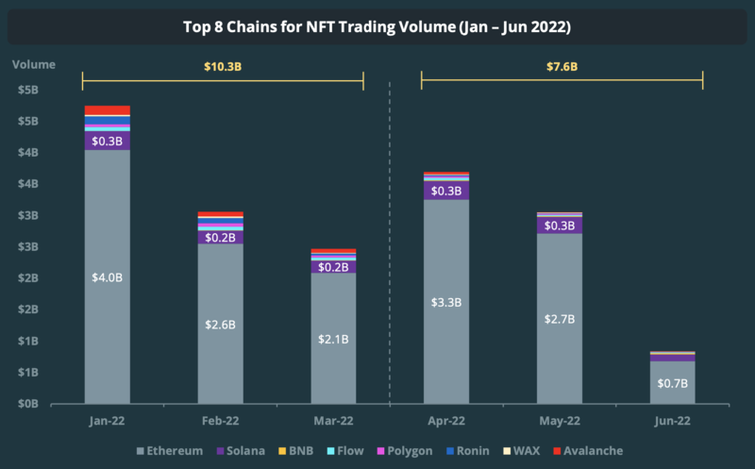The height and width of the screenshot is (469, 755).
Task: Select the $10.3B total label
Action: (x=222, y=66)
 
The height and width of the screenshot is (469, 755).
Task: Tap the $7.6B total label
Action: (x=562, y=66)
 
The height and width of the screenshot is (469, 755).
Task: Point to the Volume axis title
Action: (x=34, y=65)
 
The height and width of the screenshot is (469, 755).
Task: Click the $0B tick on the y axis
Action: (x=27, y=403)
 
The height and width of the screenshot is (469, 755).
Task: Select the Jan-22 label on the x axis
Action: (x=107, y=421)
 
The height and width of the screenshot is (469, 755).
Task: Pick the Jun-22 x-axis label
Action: (x=672, y=421)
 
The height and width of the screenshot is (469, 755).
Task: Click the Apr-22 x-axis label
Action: (x=446, y=421)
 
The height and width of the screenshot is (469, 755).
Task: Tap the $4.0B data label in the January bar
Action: (x=107, y=276)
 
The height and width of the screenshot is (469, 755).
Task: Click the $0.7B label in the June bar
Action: (x=672, y=383)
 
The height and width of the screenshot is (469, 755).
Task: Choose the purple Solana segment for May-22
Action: (x=560, y=226)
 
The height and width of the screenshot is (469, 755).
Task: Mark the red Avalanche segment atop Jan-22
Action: (x=107, y=110)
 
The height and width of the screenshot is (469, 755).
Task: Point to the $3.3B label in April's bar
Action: (x=446, y=302)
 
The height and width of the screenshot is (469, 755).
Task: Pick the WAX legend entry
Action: (x=518, y=451)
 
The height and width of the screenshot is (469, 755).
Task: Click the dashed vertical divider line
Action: (x=390, y=236)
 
